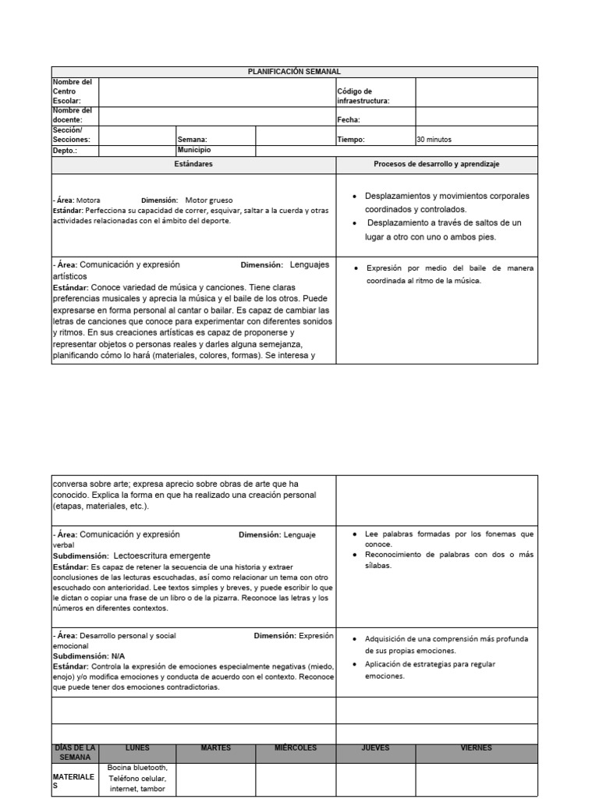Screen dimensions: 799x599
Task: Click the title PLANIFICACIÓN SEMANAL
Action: coord(294,72)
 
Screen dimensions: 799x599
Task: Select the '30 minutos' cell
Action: coord(434,140)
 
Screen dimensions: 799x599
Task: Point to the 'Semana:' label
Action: coord(192,140)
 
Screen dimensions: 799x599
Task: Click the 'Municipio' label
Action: coord(194,149)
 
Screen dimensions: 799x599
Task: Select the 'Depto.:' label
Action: coord(65,151)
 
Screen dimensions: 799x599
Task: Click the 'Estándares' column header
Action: coord(193,165)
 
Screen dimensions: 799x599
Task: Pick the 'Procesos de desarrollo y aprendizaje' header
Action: coord(437,165)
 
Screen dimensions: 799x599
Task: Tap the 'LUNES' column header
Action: coord(137,748)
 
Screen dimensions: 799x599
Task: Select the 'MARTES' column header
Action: coord(215,748)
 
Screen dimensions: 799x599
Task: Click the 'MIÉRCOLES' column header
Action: coord(296,748)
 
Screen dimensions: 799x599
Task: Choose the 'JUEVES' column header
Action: coord(375,748)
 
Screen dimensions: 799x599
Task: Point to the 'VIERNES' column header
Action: coord(476,748)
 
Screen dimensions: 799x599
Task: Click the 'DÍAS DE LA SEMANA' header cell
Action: coord(75,752)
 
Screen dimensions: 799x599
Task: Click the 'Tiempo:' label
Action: coord(350,140)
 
